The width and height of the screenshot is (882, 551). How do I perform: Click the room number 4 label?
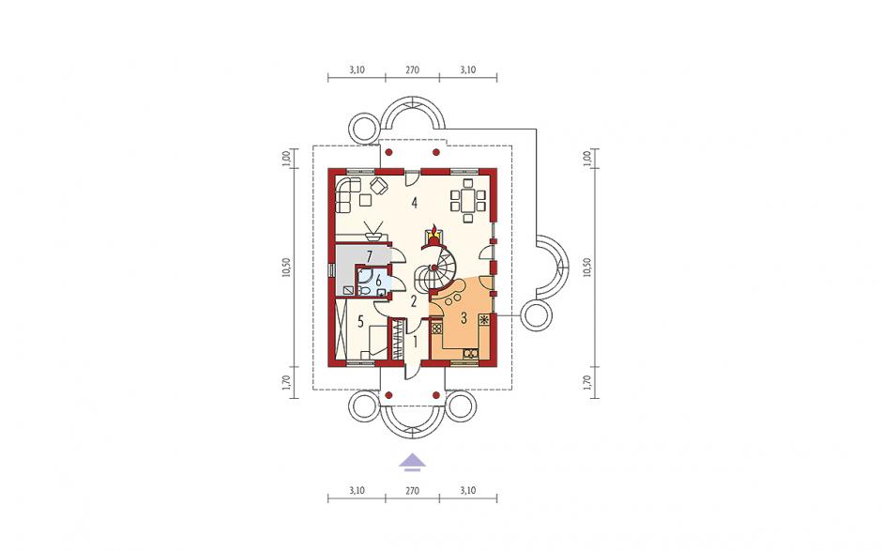click(414, 203)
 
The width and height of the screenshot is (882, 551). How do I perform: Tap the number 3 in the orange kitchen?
click(464, 318)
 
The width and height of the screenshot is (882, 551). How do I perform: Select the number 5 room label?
click(360, 321)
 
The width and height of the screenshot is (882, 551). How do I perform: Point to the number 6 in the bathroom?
click(378, 280)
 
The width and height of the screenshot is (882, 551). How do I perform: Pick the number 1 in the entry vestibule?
click(415, 341)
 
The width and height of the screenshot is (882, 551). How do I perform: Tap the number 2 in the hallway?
click(414, 301)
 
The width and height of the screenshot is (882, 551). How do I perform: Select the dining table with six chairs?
click(467, 200)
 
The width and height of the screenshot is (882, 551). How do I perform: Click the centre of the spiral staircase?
click(434, 268)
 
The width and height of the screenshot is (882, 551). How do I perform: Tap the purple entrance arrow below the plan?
click(412, 461)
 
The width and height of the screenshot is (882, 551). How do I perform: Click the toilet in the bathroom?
click(364, 290)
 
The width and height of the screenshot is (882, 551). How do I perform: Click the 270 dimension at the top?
click(412, 70)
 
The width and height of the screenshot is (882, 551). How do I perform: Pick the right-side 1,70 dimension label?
click(587, 382)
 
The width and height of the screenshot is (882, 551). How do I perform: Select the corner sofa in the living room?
click(347, 194)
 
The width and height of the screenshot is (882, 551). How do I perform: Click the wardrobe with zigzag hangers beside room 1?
click(399, 340)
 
